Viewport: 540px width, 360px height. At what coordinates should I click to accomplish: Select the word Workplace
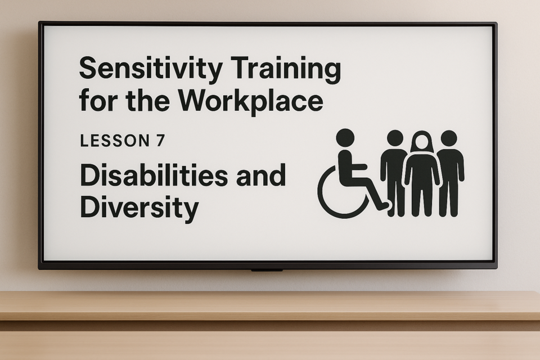pos(251,101)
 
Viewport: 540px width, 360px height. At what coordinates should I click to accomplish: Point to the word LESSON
pos(115,141)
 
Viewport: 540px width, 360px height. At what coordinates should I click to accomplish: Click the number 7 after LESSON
pos(160,141)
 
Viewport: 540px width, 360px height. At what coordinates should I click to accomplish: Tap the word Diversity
pos(139,208)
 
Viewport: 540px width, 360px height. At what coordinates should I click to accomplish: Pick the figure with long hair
pos(422,173)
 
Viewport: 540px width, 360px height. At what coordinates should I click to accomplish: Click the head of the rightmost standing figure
pos(448,138)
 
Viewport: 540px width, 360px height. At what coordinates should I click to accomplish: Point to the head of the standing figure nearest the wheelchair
pos(395,138)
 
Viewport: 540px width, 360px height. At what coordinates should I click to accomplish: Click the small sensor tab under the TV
pos(267,271)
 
